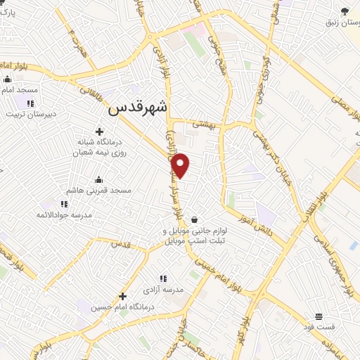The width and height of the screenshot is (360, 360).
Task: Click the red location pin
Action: (x=181, y=165)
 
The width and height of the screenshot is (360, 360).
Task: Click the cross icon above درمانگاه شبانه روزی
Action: (x=99, y=131)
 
